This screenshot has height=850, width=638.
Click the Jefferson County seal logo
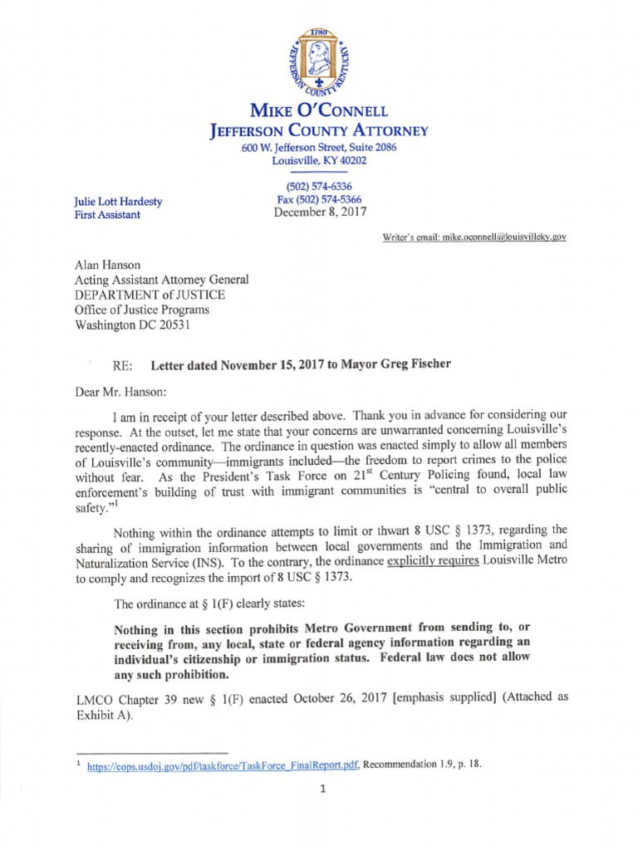click(x=318, y=64)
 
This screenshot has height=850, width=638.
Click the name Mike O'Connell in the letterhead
click(x=319, y=110)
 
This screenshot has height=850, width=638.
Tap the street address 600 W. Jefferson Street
click(x=319, y=147)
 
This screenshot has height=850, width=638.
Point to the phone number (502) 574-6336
click(x=319, y=187)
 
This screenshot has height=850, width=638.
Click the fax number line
click(x=319, y=200)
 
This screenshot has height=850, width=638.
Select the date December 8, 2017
click(x=319, y=213)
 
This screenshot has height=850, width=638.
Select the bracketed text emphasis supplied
click(x=439, y=696)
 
